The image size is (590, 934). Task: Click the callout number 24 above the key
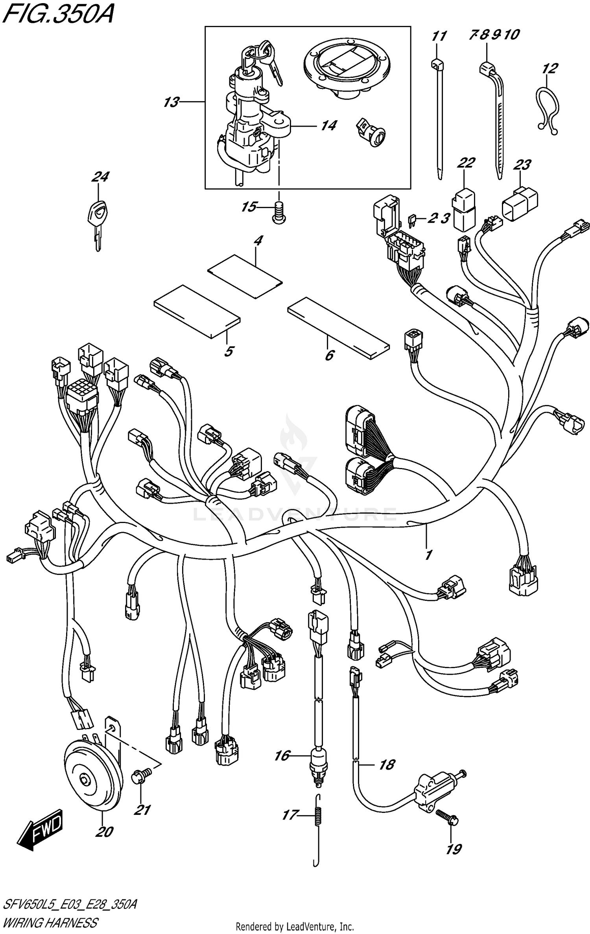tap(100, 177)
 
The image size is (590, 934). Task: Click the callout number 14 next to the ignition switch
tap(328, 126)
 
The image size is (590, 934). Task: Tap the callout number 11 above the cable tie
tap(439, 37)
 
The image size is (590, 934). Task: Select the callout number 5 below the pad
tap(229, 351)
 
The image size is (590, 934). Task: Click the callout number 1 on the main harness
tap(429, 555)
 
